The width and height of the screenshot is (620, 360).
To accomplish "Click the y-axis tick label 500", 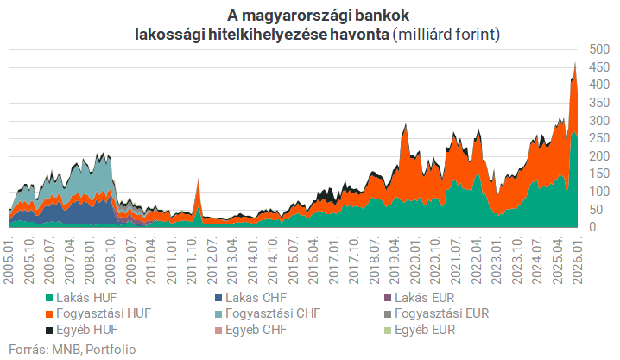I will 596,48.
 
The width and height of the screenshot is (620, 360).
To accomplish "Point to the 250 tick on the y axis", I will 596,137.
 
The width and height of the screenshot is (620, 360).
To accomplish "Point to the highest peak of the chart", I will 574,62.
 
